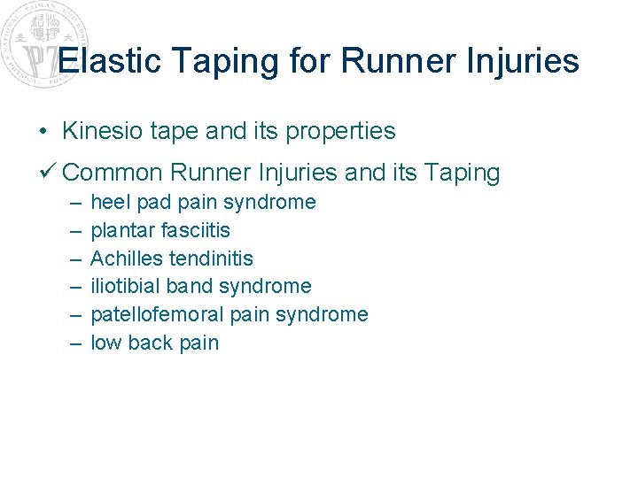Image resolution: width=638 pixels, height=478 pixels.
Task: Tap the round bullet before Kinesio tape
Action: coord(43,132)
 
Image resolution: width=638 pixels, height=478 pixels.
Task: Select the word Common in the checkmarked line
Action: coord(113,172)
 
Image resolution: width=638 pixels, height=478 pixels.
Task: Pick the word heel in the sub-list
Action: coord(108,202)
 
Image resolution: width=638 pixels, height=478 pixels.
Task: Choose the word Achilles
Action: coord(126,258)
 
